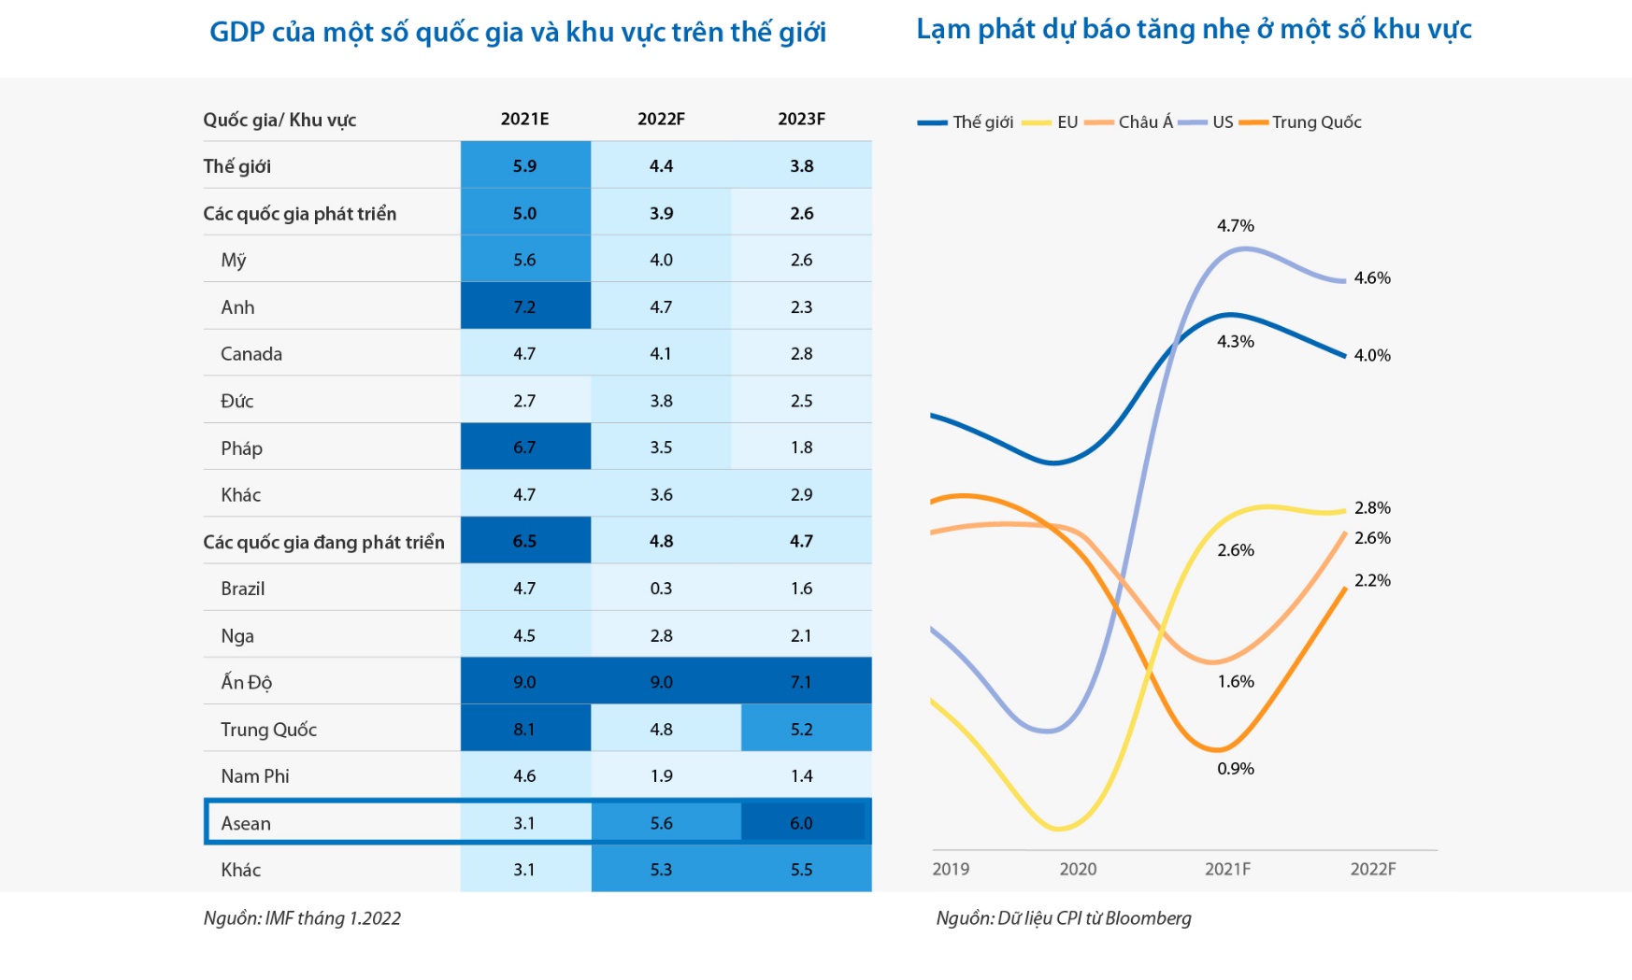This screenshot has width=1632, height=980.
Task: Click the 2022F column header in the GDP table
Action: pos(661,119)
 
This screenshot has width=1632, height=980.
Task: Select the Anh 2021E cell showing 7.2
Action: pos(525,305)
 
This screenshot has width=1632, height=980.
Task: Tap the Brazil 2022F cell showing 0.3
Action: pos(661,588)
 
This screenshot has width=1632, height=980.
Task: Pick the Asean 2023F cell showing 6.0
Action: pos(802,822)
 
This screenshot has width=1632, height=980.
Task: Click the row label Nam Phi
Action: pos(255,775)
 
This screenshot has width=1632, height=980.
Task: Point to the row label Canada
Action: pos(251,353)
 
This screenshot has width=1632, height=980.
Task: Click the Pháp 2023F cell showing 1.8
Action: pos(802,447)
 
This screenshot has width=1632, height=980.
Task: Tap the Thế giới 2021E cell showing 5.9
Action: pos(525,165)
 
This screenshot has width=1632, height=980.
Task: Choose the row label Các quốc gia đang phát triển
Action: pos(323,542)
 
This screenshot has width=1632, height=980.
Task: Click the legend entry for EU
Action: pos(1051,122)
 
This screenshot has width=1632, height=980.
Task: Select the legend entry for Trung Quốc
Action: pos(1300,122)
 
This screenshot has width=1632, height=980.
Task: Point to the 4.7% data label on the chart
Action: pos(1236,225)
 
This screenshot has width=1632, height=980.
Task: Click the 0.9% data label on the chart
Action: pos(1236,768)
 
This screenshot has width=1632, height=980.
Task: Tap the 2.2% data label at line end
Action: pos(1372,580)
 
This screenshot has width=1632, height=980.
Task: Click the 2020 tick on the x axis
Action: pos(1078,869)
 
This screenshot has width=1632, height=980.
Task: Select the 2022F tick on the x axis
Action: pos(1373,869)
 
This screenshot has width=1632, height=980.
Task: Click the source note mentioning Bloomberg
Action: pos(1064,918)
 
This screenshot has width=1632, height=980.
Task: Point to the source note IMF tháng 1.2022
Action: pos(302,918)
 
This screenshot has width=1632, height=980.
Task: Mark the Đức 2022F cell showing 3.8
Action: pos(661,400)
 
